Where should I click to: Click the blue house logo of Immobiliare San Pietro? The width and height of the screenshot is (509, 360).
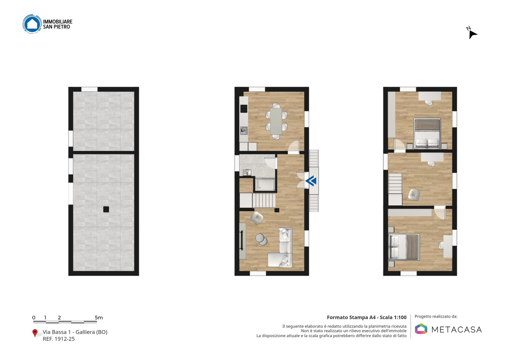click(32, 24)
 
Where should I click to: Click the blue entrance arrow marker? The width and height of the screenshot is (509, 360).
click(311, 181)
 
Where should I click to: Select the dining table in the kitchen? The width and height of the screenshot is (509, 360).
click(276, 121)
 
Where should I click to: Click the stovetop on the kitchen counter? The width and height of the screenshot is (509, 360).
click(244, 109)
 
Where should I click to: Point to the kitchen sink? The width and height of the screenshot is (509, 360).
click(244, 130)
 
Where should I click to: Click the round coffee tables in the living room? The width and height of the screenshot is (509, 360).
click(261, 239)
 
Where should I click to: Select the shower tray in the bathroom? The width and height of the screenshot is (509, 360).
click(265, 184)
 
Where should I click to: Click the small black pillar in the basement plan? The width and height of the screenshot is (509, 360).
click(106, 209)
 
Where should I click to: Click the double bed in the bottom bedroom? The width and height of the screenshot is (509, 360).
click(404, 247)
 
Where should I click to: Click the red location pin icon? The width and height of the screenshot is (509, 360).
click(35, 333)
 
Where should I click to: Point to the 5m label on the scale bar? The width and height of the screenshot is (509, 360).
click(99, 318)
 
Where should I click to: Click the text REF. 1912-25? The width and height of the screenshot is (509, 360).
click(59, 339)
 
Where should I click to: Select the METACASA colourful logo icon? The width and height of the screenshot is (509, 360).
click(421, 329)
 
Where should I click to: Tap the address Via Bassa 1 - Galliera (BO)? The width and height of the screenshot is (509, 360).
click(75, 332)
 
